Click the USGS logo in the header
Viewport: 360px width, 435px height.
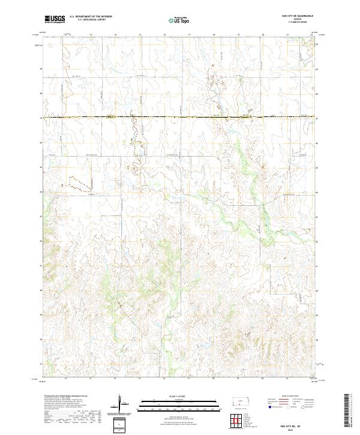pos(55,19)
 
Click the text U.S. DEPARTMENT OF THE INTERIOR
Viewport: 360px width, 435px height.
pos(91,17)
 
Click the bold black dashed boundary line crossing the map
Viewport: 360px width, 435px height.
pos(180,116)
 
